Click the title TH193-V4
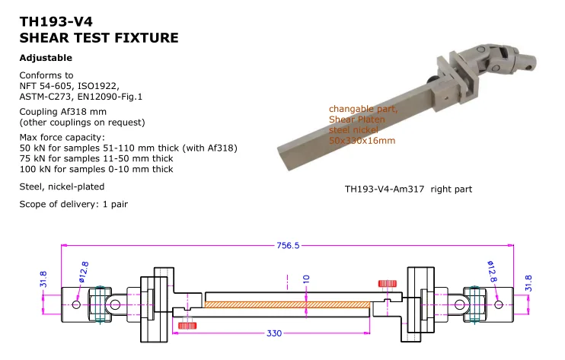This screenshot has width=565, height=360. click(52, 23)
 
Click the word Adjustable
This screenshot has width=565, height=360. click(46, 58)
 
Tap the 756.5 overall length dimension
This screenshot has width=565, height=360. click(287, 245)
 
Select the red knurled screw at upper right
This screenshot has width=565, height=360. click(388, 283)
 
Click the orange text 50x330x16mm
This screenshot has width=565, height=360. click(362, 141)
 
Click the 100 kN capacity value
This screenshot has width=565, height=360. click(32, 169)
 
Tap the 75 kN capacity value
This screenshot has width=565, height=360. click(30, 158)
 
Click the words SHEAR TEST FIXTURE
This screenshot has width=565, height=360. click(99, 37)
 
